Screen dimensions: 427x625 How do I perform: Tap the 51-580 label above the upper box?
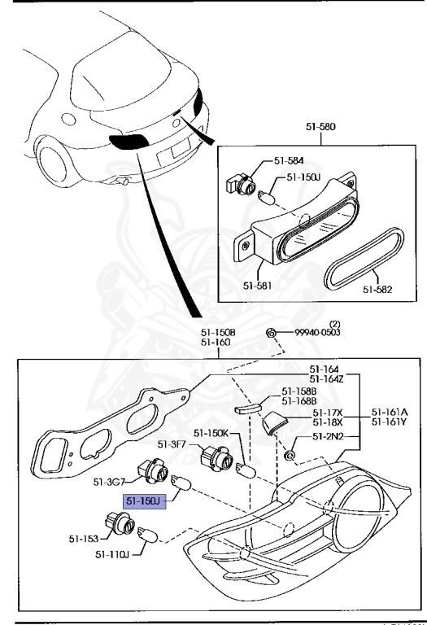(320, 127)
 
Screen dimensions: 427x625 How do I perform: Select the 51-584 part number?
(289, 160)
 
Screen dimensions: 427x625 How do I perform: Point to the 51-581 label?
(257, 286)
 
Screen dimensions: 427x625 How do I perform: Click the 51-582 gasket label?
(377, 290)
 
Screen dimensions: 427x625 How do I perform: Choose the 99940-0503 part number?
(317, 332)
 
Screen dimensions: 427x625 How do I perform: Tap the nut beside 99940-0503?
(271, 332)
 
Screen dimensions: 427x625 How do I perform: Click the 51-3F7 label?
(172, 444)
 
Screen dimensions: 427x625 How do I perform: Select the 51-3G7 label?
(109, 482)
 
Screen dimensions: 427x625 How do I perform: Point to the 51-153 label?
(83, 539)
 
